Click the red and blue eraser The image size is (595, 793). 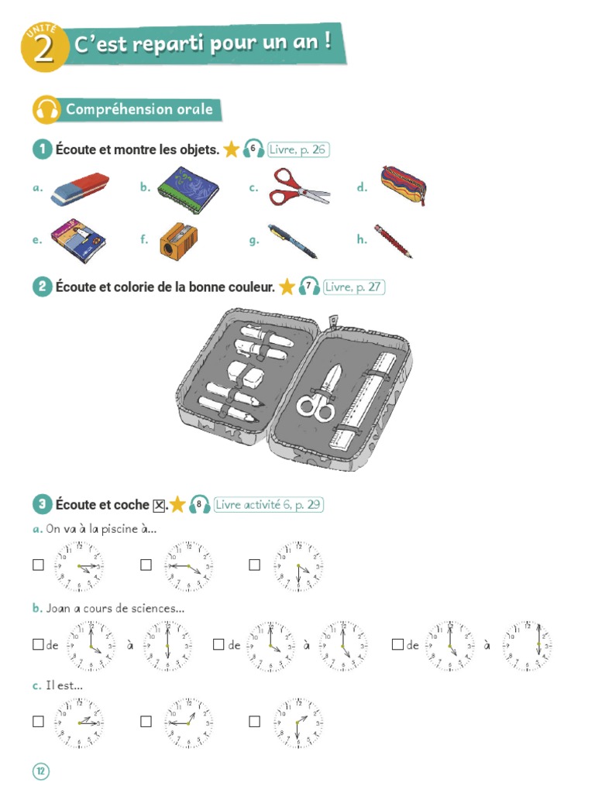pyautogui.click(x=80, y=189)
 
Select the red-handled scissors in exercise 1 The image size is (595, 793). pyautogui.click(x=298, y=187)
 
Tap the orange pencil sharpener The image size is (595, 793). pyautogui.click(x=178, y=239)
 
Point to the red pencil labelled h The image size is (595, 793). pyautogui.click(x=394, y=241)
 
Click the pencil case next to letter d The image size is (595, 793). pyautogui.click(x=403, y=186)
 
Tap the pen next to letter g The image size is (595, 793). pyautogui.click(x=292, y=240)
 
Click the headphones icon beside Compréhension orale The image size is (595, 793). pyautogui.click(x=46, y=110)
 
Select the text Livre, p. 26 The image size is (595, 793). pyautogui.click(x=298, y=149)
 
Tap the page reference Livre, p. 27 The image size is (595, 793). pyautogui.click(x=353, y=287)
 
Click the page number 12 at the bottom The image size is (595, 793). pyautogui.click(x=40, y=771)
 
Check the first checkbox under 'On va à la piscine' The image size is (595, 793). pyautogui.click(x=38, y=565)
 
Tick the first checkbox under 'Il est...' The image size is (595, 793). pyautogui.click(x=38, y=722)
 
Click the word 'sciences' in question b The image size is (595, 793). pyautogui.click(x=156, y=609)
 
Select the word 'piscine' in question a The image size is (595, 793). pyautogui.click(x=122, y=530)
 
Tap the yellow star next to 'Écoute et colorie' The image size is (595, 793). pyautogui.click(x=287, y=287)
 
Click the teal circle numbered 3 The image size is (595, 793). pyautogui.click(x=41, y=505)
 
